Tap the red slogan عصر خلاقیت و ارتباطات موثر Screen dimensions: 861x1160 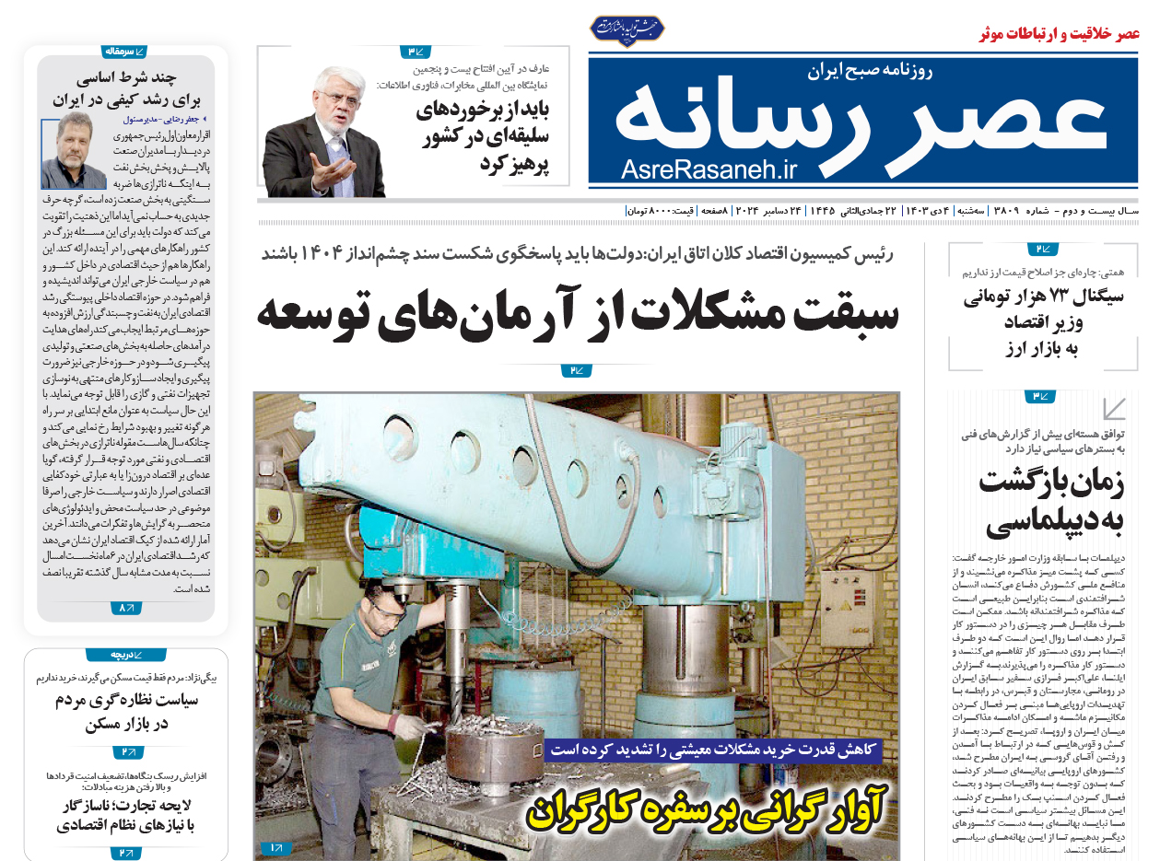click(x=1059, y=34)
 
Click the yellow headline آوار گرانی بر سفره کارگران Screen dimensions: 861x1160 click(x=706, y=807)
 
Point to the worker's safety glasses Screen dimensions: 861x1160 click(x=386, y=609)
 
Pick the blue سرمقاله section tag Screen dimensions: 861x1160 click(x=125, y=52)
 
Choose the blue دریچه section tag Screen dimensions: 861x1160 click(x=125, y=655)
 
